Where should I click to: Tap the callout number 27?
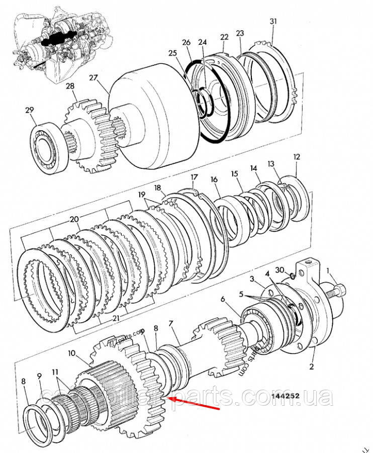94,77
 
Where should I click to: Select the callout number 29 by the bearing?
30,110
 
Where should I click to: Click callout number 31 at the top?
273,21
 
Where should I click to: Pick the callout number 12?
297,157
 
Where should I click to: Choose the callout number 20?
75,219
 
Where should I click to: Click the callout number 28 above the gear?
70,86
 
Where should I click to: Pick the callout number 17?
195,177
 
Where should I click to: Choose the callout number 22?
224,37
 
